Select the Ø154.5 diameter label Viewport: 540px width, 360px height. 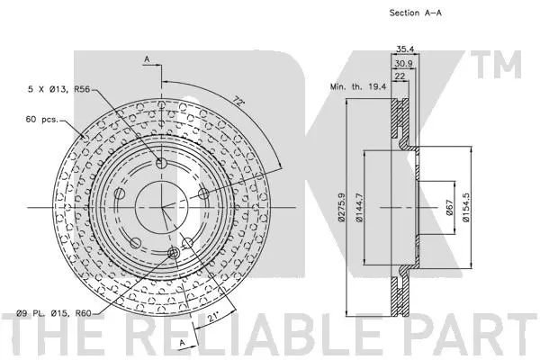click(x=464, y=206)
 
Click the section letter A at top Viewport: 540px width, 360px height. click(x=147, y=58)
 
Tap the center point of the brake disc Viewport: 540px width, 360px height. click(x=162, y=207)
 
